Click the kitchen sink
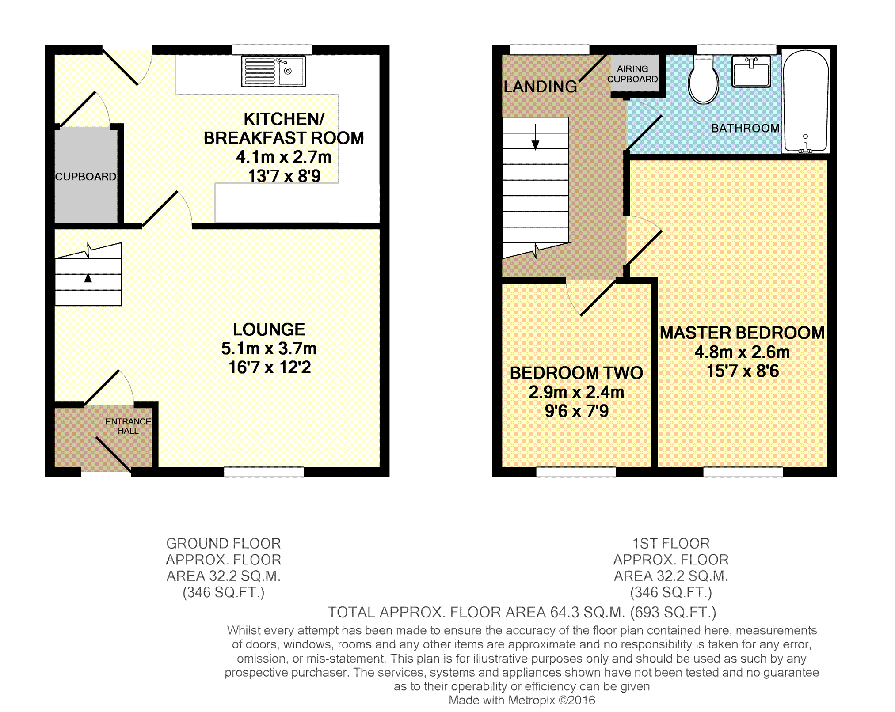pos(273,71)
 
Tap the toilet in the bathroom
pos(703,80)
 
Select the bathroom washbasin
pos(751,71)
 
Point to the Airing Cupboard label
pos(632,74)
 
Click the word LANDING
pos(540,87)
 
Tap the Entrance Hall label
pos(128,426)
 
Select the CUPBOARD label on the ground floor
pos(86,177)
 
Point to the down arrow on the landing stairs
pos(535,137)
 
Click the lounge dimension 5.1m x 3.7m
pos(269,349)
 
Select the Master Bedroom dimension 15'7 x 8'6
pos(743,371)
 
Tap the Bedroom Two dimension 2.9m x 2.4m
pos(576,392)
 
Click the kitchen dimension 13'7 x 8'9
pos(284,176)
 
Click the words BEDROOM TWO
pos(576,373)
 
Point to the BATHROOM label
pos(745,129)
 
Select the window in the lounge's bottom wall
pos(264,472)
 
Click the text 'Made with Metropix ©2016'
pos(522,700)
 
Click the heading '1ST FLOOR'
pos(671,543)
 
